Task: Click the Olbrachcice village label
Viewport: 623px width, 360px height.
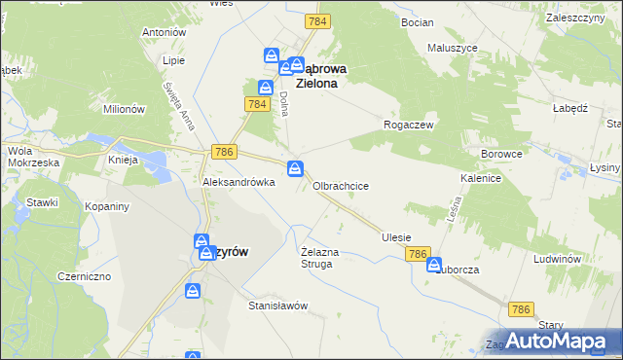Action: pos(340,185)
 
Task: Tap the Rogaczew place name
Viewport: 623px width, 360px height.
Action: pos(409,126)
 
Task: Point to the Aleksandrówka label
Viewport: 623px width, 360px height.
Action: pos(231,182)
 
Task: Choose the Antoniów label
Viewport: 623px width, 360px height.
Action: pos(164,32)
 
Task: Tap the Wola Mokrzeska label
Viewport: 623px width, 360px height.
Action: pos(34,157)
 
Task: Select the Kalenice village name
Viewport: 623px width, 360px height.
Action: pos(481,179)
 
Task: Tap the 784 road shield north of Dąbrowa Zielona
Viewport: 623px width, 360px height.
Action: pos(316,20)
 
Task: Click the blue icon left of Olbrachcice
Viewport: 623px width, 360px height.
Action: pos(295,169)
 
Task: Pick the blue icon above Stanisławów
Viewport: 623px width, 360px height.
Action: pos(194,290)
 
